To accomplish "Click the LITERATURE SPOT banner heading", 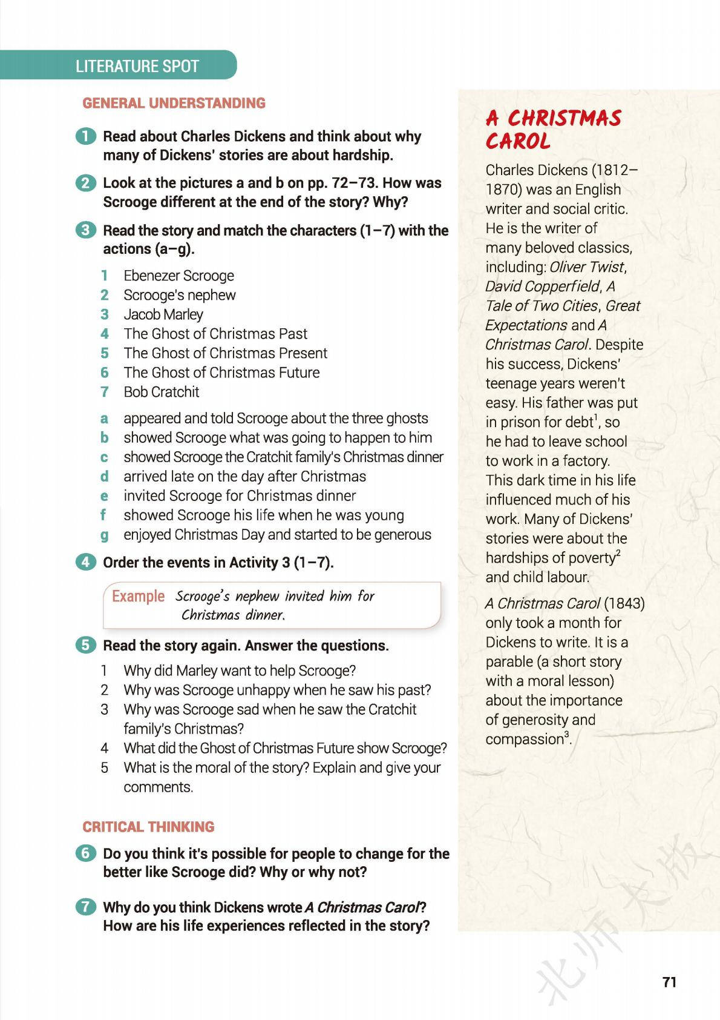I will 137,66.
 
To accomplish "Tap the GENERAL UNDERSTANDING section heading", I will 174,103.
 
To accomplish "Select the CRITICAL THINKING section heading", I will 148,827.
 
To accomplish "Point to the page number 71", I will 669,982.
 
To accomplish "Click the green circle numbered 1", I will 86,136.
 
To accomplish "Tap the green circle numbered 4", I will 86,562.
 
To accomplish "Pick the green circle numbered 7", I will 86,907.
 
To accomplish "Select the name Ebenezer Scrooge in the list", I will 178,276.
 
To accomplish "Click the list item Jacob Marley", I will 163,314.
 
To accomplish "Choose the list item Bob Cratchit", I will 162,392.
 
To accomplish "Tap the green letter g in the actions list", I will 105,535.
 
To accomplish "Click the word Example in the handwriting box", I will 138,596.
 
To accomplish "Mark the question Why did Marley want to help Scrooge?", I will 240,671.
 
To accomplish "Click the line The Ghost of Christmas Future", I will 221,373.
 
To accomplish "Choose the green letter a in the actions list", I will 105,419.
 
